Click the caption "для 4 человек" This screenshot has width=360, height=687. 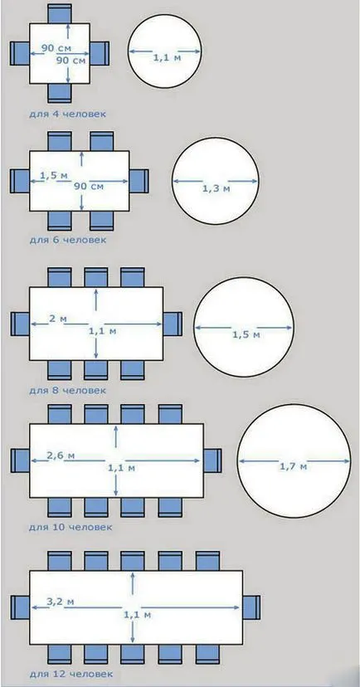[x=67, y=114]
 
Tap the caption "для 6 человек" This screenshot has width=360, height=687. [x=67, y=240]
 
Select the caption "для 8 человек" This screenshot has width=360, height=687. [x=67, y=389]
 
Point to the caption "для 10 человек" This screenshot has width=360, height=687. [x=71, y=527]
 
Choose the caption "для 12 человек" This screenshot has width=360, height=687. [x=71, y=674]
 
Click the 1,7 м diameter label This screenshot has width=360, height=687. [x=293, y=467]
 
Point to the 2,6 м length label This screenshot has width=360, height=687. [x=61, y=456]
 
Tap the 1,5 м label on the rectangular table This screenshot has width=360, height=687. [x=54, y=176]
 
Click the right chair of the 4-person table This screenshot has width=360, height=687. [x=100, y=53]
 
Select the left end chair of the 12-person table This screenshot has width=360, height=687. [x=20, y=607]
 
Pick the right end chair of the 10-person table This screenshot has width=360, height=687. [x=212, y=460]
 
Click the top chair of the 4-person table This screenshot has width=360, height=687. [x=60, y=13]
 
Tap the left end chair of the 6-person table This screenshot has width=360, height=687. [x=20, y=181]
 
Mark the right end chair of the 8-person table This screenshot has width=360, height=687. [x=173, y=324]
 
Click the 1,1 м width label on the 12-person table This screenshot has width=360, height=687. [x=138, y=615]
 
